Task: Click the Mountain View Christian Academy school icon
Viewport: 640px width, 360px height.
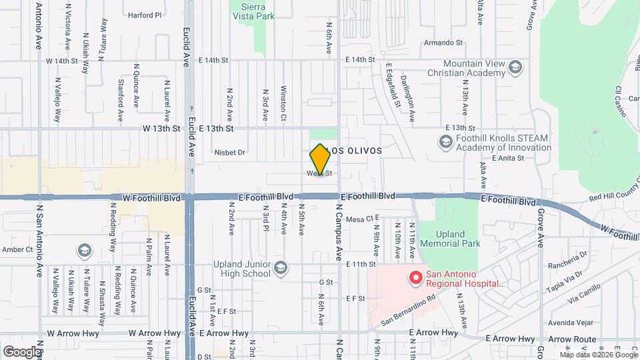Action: pyautogui.click(x=515, y=67)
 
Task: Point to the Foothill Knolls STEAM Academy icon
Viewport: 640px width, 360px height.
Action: pyautogui.click(x=445, y=142)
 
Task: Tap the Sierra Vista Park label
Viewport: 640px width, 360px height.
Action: pyautogui.click(x=253, y=9)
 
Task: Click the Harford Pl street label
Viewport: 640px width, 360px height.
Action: pyautogui.click(x=145, y=15)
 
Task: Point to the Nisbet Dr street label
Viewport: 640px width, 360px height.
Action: pyautogui.click(x=230, y=152)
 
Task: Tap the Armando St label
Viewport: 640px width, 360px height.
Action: pyautogui.click(x=443, y=42)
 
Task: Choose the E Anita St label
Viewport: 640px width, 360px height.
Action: pyautogui.click(x=508, y=158)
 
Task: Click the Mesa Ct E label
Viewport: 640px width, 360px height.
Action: pyautogui.click(x=363, y=218)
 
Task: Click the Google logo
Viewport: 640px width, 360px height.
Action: pyautogui.click(x=21, y=351)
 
